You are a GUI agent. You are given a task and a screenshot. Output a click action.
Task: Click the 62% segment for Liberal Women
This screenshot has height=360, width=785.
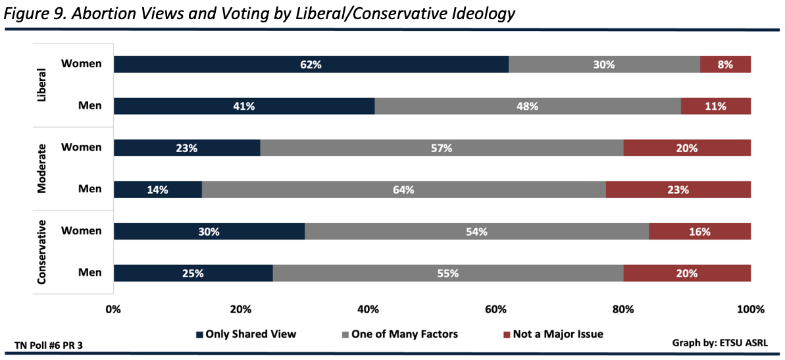point(311,64)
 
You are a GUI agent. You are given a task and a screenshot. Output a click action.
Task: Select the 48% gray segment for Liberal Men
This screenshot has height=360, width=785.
point(528,106)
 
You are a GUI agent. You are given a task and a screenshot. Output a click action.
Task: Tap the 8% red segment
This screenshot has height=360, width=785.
point(725,64)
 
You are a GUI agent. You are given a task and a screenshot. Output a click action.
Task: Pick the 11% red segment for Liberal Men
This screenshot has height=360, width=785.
point(715,106)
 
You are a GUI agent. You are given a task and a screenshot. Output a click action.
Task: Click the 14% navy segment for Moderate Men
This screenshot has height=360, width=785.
point(158,190)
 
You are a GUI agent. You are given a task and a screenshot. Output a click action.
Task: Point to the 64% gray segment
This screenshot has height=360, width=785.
point(403,190)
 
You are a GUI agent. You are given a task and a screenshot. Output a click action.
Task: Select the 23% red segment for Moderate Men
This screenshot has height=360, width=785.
point(678,190)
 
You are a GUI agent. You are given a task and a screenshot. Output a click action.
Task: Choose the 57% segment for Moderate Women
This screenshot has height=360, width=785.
point(442,148)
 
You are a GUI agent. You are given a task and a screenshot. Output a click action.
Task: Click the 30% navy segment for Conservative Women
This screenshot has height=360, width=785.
point(209,232)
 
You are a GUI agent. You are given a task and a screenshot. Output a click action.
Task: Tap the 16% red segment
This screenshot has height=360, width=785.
point(699,232)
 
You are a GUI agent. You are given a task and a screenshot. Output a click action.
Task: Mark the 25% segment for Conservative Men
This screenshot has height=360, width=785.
point(193,273)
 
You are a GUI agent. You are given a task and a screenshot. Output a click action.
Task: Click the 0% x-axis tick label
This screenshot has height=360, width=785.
point(114,309)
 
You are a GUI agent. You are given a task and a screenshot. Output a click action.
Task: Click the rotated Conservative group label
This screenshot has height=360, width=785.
point(41,252)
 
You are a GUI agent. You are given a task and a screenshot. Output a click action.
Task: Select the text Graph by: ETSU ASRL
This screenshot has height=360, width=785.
point(719,343)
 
